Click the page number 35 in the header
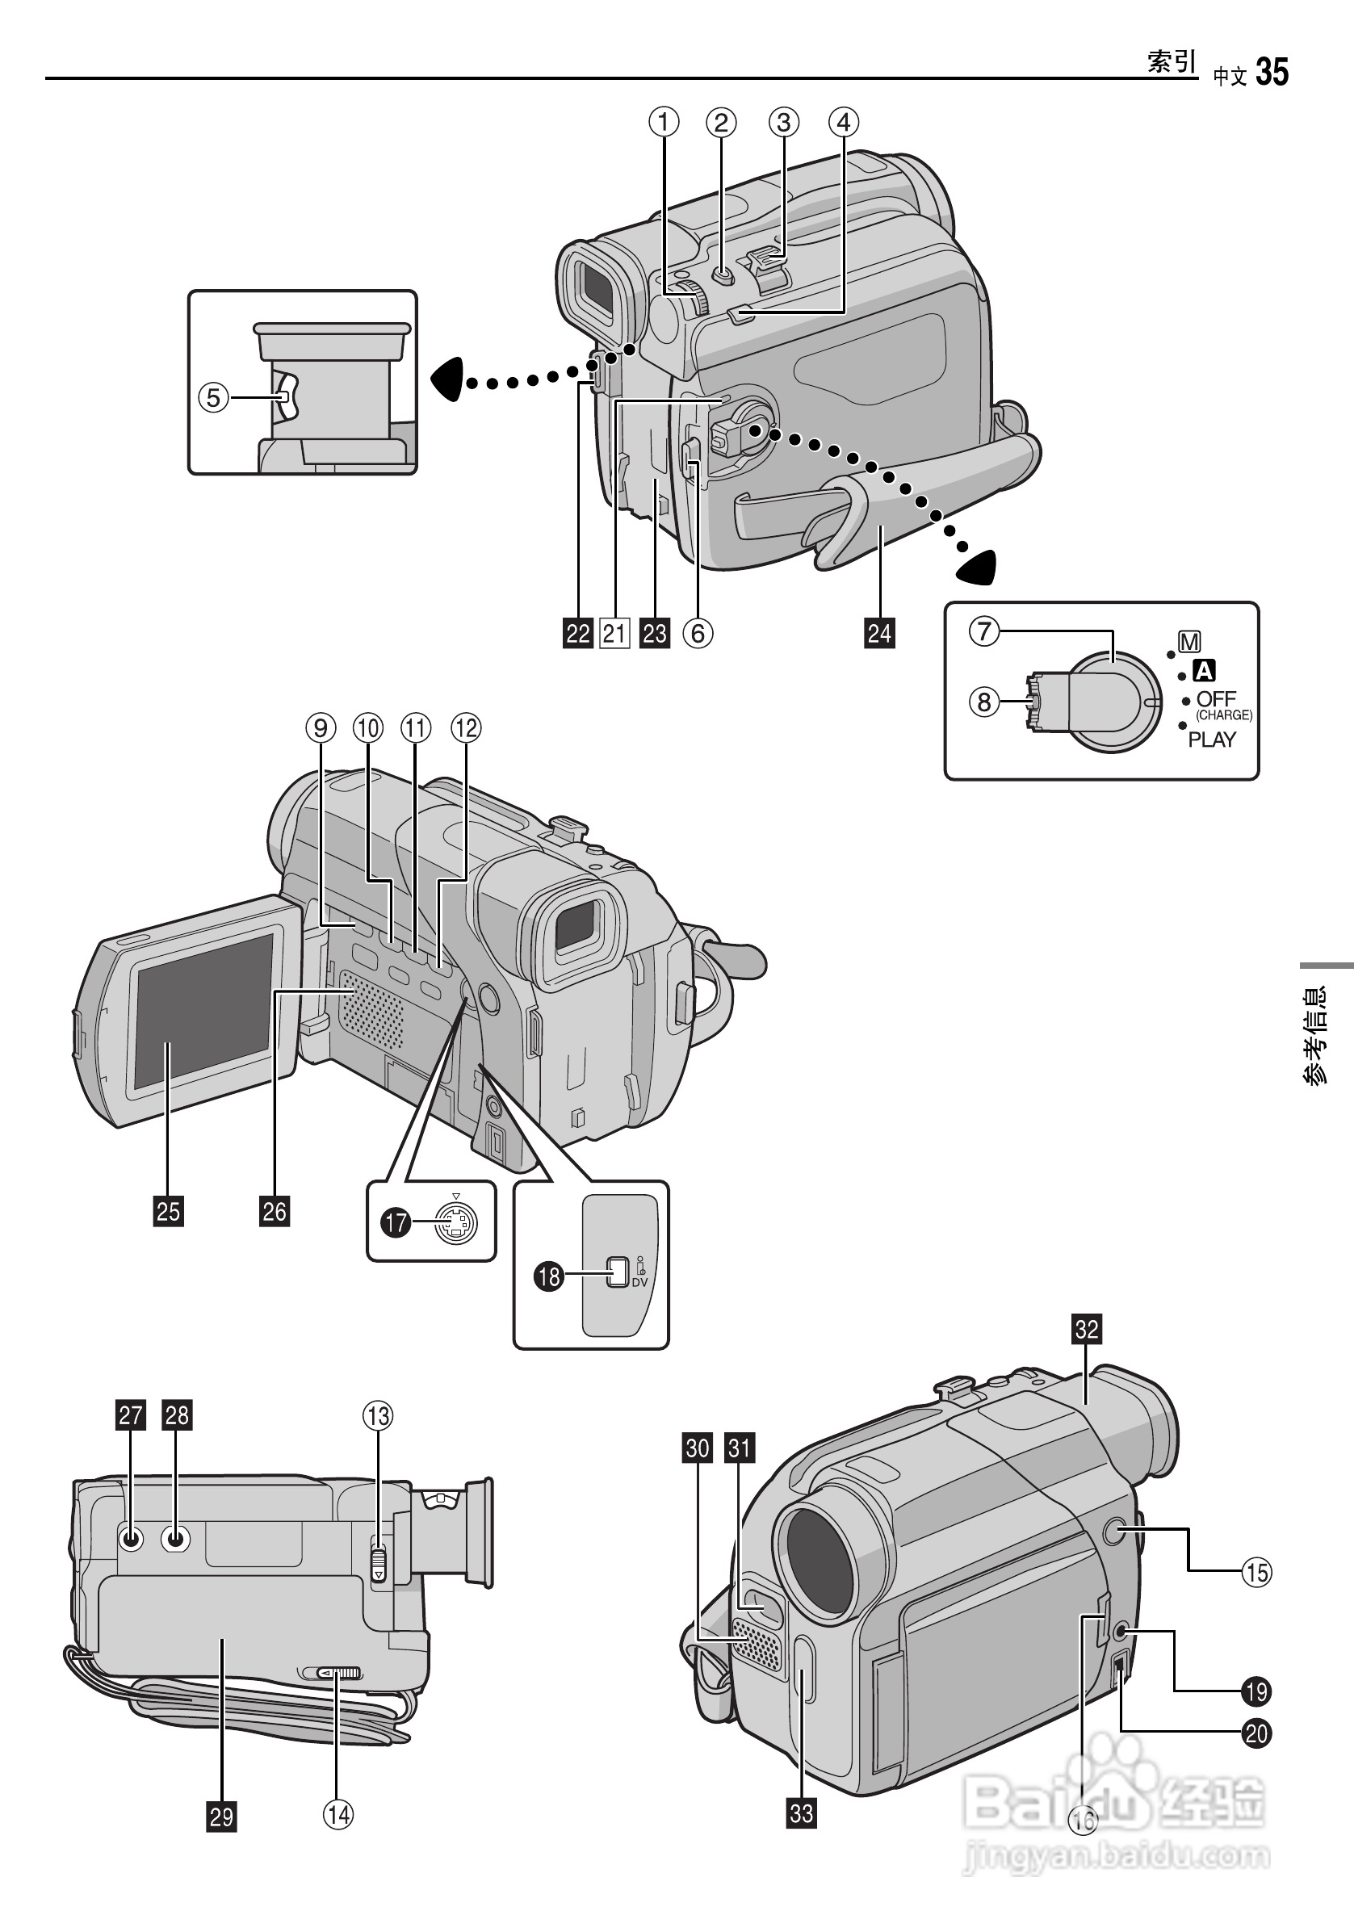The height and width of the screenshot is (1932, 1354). [x=1272, y=73]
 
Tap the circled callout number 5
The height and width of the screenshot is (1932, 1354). [x=214, y=397]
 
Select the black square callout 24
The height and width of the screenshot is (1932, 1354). [x=879, y=633]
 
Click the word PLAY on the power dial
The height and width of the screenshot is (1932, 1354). [x=1212, y=740]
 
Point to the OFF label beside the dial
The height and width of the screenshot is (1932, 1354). [x=1216, y=698]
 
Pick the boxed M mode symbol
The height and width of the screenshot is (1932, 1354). [x=1189, y=642]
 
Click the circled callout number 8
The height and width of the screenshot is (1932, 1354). [x=983, y=701]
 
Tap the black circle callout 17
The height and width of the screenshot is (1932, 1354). [x=396, y=1222]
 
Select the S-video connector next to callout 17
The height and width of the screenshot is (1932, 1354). [x=455, y=1222]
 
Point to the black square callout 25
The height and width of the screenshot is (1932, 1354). [x=168, y=1211]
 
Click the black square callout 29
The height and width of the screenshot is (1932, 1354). [x=221, y=1817]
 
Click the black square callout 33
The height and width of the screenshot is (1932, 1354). [x=801, y=1812]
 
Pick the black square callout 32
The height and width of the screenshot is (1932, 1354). [x=1087, y=1329]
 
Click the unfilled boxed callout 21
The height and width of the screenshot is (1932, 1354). [x=614, y=633]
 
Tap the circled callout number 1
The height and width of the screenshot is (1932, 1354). [x=663, y=123]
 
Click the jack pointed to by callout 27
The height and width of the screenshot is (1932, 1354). [x=131, y=1540]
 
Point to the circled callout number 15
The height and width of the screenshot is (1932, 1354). [x=1256, y=1571]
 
